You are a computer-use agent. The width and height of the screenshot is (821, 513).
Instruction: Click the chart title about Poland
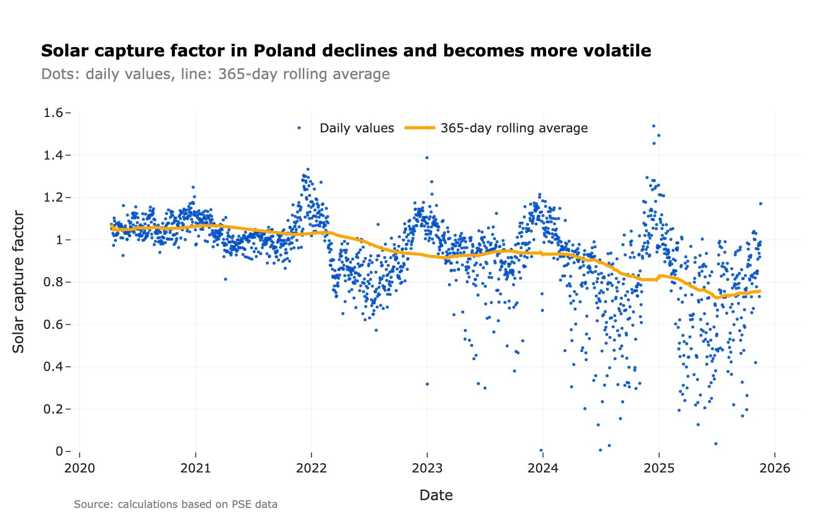click(x=346, y=51)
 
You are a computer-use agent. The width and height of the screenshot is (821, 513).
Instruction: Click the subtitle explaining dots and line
click(x=216, y=74)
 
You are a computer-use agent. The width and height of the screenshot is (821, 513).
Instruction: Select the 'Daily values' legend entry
click(x=357, y=128)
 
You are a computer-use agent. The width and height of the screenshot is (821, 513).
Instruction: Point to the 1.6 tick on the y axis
click(x=55, y=113)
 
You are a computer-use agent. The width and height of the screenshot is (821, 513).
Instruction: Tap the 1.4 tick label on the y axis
click(x=55, y=155)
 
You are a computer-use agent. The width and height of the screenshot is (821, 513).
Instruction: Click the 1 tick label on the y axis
click(x=60, y=240)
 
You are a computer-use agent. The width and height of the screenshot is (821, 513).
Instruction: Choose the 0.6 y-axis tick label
click(x=55, y=324)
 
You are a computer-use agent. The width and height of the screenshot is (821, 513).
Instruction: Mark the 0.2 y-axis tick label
click(x=55, y=409)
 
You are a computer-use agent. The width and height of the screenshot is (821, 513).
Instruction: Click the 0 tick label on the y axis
click(x=60, y=451)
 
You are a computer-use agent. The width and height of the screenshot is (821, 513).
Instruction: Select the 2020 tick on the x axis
click(x=80, y=468)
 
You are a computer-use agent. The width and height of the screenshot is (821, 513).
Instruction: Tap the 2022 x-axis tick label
click(x=311, y=468)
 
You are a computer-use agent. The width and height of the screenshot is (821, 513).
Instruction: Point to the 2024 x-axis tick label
click(x=543, y=468)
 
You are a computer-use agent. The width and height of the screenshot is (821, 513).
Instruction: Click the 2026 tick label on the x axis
click(x=775, y=468)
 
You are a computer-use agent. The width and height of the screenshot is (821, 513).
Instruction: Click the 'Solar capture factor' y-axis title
click(x=18, y=282)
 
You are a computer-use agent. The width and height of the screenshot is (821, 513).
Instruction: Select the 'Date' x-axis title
click(x=436, y=495)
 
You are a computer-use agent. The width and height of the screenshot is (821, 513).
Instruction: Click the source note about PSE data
click(x=175, y=504)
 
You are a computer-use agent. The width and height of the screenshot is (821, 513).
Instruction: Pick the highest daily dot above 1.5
click(x=653, y=126)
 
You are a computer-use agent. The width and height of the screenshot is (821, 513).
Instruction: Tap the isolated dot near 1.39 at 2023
click(x=426, y=157)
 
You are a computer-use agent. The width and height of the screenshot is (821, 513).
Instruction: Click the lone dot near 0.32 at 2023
click(x=427, y=384)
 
